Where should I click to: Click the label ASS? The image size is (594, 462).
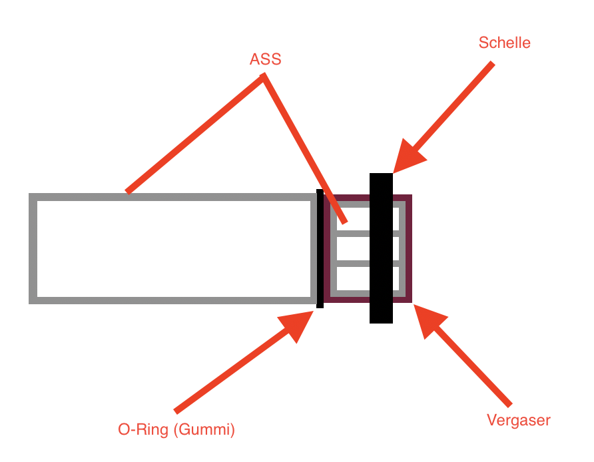coord(265,59)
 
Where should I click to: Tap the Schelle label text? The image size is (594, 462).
coord(504,43)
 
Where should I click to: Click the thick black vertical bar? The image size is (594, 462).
coord(381,248)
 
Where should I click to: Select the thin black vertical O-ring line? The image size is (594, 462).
coord(320,248)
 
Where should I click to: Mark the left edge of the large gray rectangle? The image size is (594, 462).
coord(33,248)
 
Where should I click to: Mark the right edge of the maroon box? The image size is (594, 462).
coord(408,248)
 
